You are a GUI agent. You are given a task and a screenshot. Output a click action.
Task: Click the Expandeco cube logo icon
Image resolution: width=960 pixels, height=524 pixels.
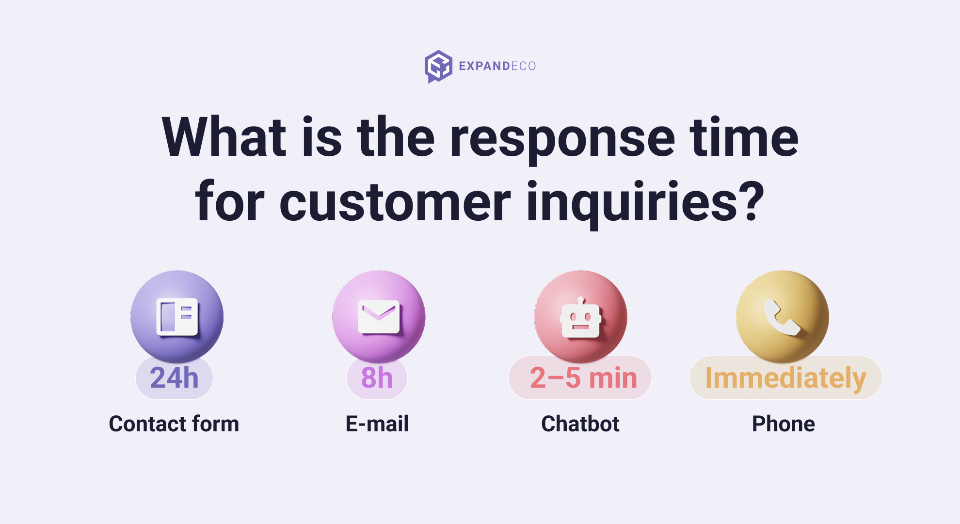click(x=438, y=66)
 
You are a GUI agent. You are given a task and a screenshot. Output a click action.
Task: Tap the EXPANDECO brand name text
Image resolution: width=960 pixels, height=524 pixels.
click(x=497, y=66)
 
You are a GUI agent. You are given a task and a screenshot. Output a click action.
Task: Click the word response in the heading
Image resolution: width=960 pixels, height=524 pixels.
click(x=562, y=138)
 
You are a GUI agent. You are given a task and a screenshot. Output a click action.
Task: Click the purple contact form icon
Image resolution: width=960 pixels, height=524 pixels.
click(x=177, y=317)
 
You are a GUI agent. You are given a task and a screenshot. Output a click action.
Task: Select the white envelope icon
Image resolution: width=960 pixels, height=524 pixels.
click(x=379, y=317)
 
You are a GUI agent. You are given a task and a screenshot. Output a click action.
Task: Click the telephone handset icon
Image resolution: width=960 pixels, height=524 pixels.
click(x=782, y=317)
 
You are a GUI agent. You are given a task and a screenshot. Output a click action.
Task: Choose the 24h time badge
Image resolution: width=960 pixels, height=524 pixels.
click(x=174, y=377)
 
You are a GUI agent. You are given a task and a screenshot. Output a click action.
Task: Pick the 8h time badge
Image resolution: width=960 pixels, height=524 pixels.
click(x=377, y=377)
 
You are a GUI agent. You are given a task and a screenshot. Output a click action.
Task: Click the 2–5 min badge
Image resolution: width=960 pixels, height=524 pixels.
click(x=580, y=377)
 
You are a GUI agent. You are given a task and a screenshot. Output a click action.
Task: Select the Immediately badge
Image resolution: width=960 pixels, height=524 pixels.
click(x=785, y=377)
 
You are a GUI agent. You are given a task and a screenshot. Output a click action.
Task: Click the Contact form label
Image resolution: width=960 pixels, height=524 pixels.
click(x=174, y=424)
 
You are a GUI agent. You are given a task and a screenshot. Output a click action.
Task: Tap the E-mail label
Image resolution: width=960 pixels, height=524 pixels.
click(x=377, y=424)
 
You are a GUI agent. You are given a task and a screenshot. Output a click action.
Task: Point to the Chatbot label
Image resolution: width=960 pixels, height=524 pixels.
click(x=580, y=424)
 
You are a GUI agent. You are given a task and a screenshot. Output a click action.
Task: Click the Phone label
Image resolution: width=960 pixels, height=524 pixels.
click(x=784, y=424)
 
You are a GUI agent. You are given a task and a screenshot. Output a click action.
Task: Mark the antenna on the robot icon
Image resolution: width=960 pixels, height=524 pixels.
click(x=581, y=300)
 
